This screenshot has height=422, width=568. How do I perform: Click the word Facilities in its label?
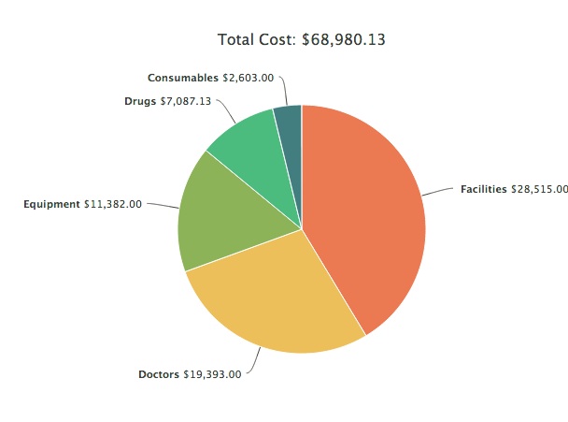(483, 188)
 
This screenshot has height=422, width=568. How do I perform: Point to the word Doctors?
(158, 374)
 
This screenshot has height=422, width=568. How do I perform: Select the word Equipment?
(51, 203)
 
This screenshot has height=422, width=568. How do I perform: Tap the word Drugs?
(140, 100)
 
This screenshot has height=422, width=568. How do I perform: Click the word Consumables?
(183, 78)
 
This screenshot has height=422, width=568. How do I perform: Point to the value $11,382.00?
(113, 203)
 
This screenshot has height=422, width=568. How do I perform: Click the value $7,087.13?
(186, 100)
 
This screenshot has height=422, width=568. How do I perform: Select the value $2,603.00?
(248, 78)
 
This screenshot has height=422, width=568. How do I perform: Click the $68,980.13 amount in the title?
(344, 39)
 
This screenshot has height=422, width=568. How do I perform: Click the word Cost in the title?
(277, 39)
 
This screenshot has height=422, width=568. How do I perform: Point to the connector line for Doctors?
(254, 363)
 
